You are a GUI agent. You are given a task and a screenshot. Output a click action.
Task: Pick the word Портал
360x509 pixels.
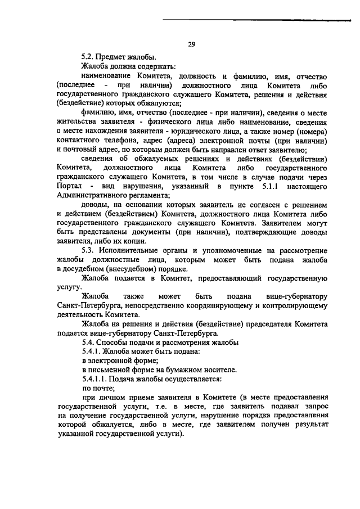click(x=70, y=186)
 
